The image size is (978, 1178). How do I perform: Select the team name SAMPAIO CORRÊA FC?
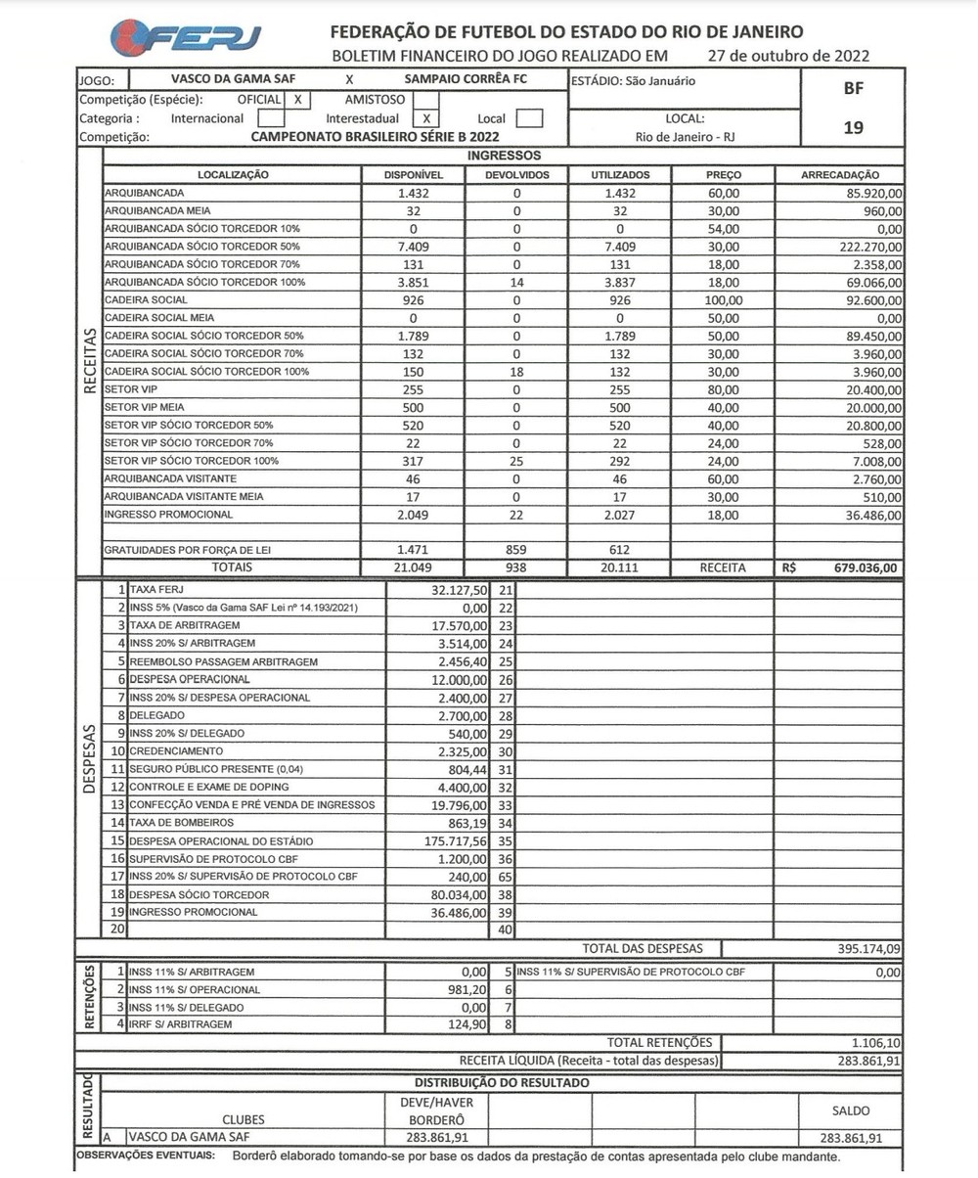click(465, 78)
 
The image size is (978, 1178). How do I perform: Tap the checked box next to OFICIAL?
click(297, 99)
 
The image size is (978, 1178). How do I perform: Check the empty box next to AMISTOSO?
click(425, 99)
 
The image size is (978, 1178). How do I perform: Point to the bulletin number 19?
click(852, 126)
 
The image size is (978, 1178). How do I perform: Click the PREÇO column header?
click(723, 174)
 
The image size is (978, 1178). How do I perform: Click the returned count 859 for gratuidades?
click(516, 551)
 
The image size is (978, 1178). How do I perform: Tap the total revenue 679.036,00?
click(861, 567)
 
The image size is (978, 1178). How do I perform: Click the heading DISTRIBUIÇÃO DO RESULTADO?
click(502, 1083)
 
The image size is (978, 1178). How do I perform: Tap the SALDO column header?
click(850, 1110)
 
